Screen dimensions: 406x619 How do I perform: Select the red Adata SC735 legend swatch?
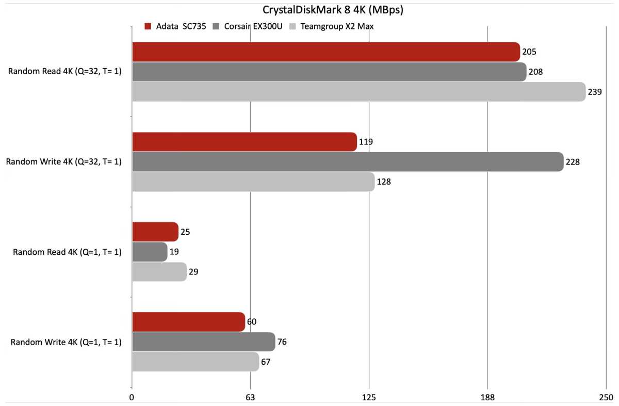pos(148,26)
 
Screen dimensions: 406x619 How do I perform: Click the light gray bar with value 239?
pos(359,92)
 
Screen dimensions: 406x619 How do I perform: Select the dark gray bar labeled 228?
pos(347,162)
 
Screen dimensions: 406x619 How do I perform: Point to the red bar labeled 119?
pos(244,142)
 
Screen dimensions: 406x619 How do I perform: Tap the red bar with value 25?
pos(155,232)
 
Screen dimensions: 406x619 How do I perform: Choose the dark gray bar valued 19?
pos(150,252)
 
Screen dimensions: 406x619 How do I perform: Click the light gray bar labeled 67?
pos(195,362)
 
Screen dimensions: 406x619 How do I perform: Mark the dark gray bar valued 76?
pos(203,342)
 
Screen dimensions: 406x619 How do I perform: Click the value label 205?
pos(529,52)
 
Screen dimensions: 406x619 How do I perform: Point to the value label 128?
pos(384,182)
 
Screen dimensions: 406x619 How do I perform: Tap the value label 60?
pos(252,322)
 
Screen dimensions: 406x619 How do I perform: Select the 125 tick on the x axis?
pos(369,398)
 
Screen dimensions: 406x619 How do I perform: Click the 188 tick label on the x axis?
pos(487,398)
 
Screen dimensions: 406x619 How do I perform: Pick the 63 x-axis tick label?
pos(250,398)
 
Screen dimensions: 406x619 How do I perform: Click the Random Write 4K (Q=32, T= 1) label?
pos(64,162)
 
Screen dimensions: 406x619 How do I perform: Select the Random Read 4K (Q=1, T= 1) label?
pos(67,252)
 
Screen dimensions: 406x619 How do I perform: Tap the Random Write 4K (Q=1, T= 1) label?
pos(66,342)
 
